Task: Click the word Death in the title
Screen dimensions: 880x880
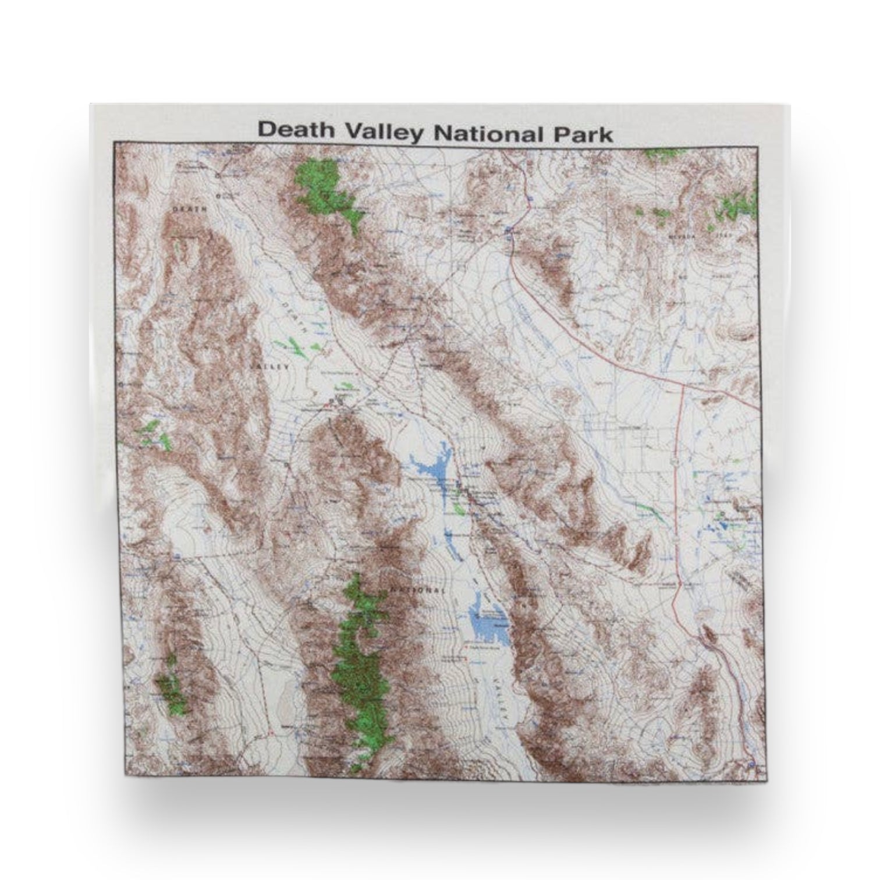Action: [x=296, y=130]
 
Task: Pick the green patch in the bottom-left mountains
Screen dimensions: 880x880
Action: [x=172, y=686]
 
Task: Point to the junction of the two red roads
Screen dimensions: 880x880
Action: [x=682, y=385]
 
